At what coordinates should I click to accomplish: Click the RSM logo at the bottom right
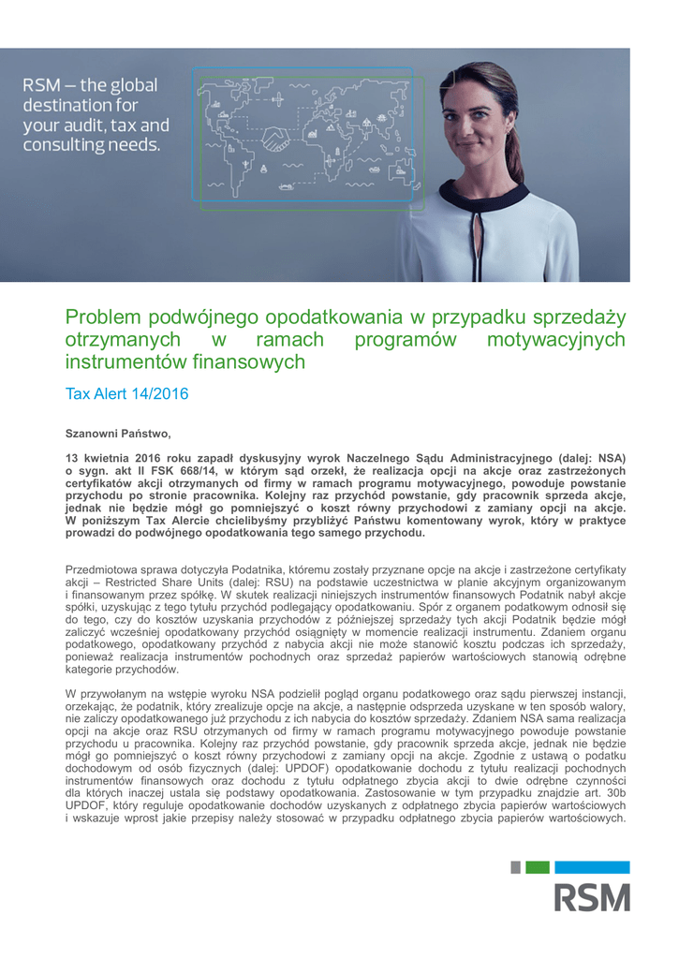click(x=592, y=895)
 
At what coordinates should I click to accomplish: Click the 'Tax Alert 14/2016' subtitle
click(x=126, y=394)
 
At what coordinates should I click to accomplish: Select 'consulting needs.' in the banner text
click(x=92, y=144)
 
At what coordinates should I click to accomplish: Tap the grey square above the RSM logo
click(x=515, y=867)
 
